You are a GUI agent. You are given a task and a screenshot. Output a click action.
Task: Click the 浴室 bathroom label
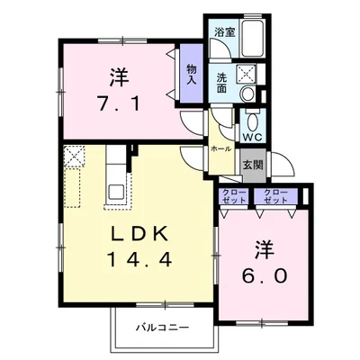[225, 32]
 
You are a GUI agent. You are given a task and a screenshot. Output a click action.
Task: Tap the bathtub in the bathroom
[253, 38]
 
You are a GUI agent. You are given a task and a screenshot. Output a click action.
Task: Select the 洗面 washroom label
[221, 83]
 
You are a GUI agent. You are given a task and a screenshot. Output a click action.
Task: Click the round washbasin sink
[248, 94]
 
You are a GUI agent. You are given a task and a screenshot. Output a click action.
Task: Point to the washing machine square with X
[246, 74]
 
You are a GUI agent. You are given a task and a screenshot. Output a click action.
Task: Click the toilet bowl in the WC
[253, 122]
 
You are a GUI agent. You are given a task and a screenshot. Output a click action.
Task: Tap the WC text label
[252, 137]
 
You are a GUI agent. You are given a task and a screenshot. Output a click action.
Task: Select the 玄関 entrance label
[253, 165]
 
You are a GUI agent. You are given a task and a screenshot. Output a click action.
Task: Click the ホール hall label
[221, 148]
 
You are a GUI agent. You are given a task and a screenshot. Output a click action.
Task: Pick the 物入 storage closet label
[192, 74]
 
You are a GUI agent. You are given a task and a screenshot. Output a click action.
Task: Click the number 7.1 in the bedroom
[119, 104]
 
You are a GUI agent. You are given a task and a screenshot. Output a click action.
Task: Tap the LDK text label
[139, 234]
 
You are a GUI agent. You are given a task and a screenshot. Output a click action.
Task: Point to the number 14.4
[139, 259]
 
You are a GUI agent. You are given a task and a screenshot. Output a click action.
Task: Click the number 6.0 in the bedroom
[265, 276]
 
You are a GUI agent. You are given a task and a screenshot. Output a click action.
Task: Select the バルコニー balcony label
[163, 327]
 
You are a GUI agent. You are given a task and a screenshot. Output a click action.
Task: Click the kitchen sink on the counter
[116, 192]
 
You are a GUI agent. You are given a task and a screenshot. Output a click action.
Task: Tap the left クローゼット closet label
[234, 196]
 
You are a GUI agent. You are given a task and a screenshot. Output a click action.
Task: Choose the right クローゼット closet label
[275, 196]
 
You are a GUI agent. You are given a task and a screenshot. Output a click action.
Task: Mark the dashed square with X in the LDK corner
[75, 157]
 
